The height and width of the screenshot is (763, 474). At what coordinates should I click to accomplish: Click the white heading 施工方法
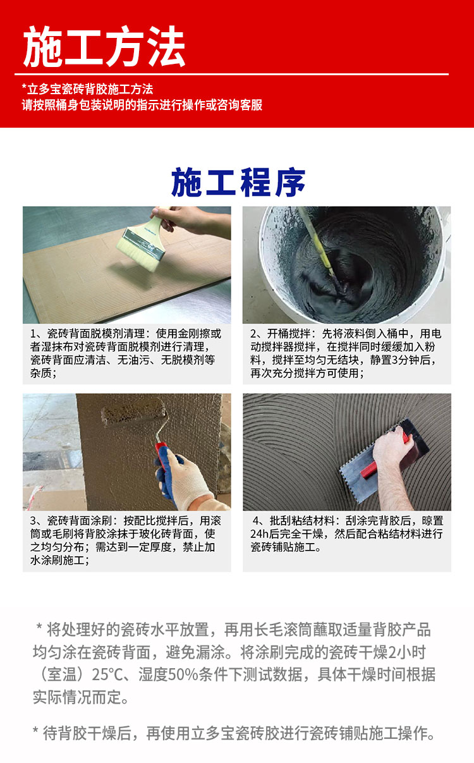tap(104, 47)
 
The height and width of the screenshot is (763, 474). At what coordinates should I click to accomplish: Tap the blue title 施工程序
tap(238, 183)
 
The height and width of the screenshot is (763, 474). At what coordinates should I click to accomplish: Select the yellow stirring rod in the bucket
tap(317, 241)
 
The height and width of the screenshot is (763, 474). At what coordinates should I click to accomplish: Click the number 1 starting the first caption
tap(33, 334)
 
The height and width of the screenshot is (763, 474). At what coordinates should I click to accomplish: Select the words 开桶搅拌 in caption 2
tap(288, 334)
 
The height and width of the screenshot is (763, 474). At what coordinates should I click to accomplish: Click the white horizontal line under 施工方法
tap(231, 74)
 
